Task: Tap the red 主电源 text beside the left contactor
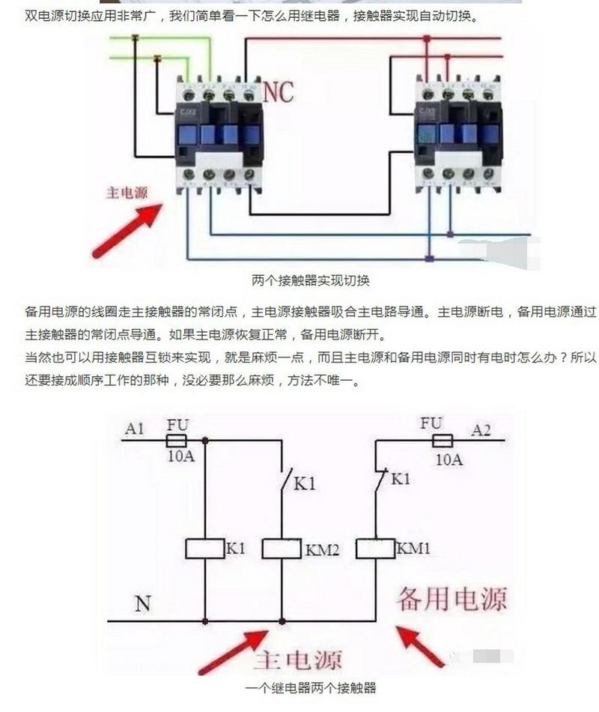pyautogui.click(x=126, y=192)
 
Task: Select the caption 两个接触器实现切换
pyautogui.click(x=311, y=281)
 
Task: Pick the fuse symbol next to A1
pyautogui.click(x=177, y=440)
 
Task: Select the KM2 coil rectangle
pyautogui.click(x=281, y=549)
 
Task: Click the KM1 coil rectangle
pyautogui.click(x=374, y=549)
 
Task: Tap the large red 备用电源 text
pyautogui.click(x=451, y=598)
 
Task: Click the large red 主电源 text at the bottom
pyautogui.click(x=297, y=660)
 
